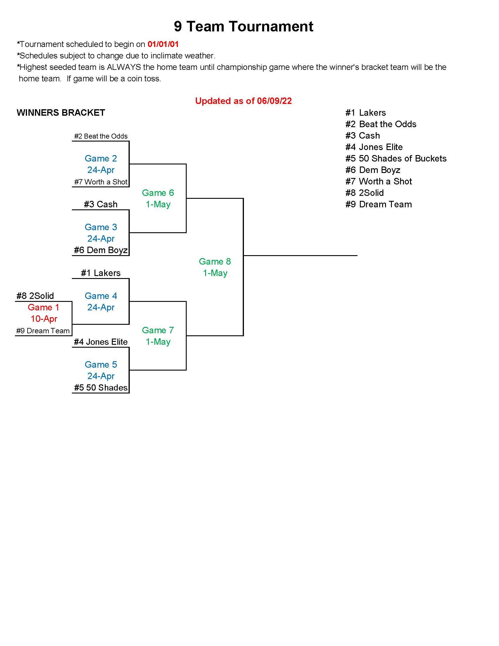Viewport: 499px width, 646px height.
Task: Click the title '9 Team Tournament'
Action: (243, 26)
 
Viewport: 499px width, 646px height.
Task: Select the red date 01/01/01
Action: (163, 44)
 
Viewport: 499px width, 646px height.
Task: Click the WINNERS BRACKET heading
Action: (61, 113)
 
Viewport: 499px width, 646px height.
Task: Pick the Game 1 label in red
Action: (43, 307)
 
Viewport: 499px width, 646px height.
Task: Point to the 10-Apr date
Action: (44, 319)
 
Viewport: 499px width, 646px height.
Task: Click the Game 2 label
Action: (101, 159)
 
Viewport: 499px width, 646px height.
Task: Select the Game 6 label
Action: (158, 193)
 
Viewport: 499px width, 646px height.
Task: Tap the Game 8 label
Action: (215, 261)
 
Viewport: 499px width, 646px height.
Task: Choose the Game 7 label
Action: (158, 330)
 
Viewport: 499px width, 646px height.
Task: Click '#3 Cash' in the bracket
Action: (100, 204)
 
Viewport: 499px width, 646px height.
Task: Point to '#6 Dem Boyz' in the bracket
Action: (100, 250)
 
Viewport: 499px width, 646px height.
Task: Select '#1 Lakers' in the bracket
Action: (100, 273)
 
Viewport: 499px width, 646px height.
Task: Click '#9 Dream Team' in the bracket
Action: (43, 331)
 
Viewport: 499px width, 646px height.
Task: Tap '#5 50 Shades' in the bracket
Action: (100, 388)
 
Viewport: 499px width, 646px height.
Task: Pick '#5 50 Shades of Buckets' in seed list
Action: (396, 159)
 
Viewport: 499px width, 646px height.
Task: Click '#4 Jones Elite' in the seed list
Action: (374, 147)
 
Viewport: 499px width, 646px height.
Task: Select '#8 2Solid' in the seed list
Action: (365, 193)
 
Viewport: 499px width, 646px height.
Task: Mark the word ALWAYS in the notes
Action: (124, 67)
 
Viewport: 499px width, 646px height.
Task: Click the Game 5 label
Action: (101, 365)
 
